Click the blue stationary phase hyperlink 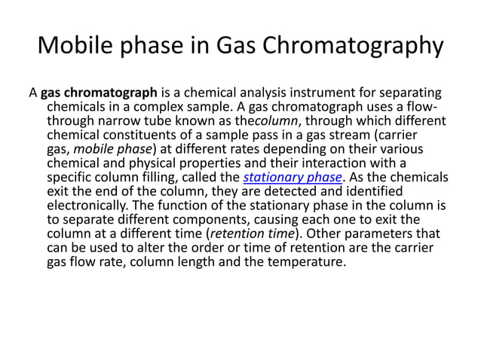[x=293, y=177]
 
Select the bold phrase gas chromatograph [x=99, y=93]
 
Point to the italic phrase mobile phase [x=107, y=149]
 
